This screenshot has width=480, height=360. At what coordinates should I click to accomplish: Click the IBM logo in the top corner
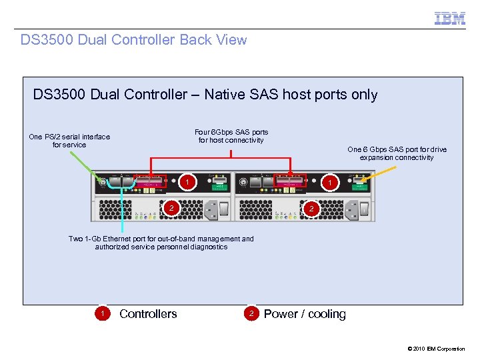click(x=450, y=19)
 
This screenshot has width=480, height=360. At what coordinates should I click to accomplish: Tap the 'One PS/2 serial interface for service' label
click(x=69, y=141)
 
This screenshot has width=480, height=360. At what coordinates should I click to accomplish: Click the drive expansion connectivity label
click(x=397, y=154)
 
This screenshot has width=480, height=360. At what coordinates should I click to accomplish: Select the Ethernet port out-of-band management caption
click(x=161, y=243)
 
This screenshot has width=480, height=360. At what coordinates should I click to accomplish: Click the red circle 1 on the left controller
click(x=189, y=182)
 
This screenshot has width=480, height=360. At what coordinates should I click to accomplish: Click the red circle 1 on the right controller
click(x=327, y=182)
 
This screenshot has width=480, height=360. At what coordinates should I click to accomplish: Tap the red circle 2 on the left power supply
click(x=171, y=209)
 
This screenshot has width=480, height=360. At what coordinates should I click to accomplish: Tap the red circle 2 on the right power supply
click(x=310, y=209)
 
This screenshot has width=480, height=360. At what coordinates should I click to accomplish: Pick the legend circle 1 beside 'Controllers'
click(x=101, y=314)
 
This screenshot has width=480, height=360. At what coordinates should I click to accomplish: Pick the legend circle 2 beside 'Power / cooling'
click(x=251, y=314)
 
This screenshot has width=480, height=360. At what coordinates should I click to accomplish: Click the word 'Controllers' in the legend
click(x=148, y=314)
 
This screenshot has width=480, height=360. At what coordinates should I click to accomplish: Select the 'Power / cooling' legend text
click(x=305, y=314)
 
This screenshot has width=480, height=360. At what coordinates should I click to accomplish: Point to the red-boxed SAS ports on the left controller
click(x=150, y=181)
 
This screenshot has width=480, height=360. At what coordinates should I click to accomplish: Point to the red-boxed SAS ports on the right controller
click(x=289, y=181)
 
